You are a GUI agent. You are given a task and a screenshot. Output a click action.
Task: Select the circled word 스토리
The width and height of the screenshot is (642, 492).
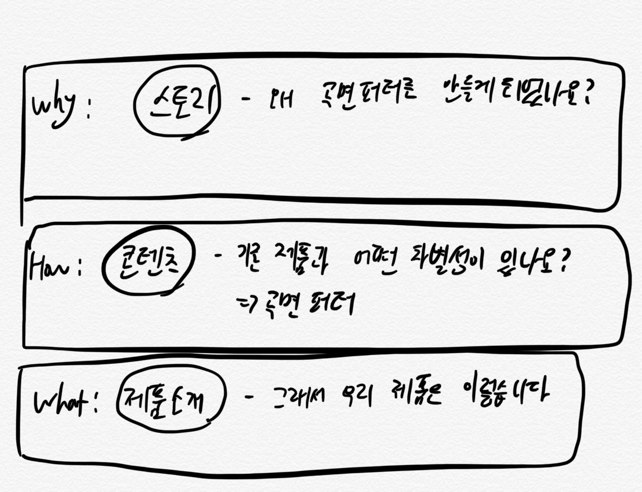tap(177, 101)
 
